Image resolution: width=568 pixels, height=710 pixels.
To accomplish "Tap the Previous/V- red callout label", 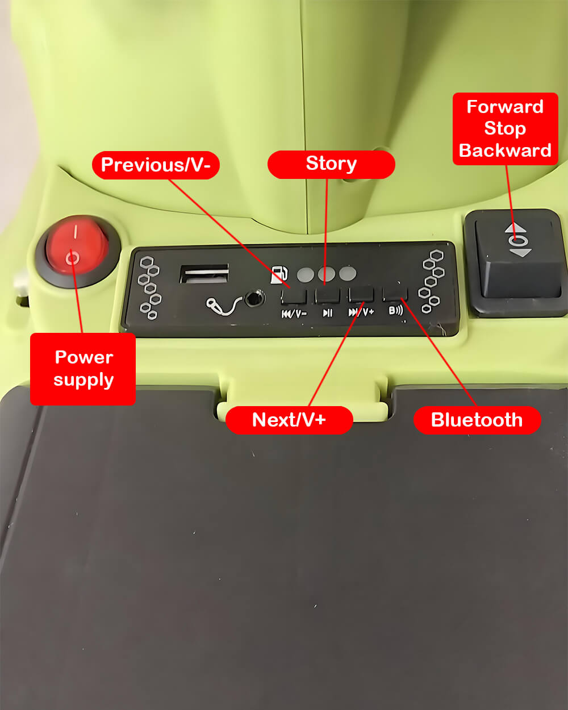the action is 156,165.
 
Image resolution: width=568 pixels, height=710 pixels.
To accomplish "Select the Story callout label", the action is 331,164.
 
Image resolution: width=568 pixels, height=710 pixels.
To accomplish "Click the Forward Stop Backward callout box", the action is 505,129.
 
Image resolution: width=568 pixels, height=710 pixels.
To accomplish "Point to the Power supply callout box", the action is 83,369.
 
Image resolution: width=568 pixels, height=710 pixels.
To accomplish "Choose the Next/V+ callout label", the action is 289,420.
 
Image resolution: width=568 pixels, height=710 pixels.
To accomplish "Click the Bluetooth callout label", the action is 477,420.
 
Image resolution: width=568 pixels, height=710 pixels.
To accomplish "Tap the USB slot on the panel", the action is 204,274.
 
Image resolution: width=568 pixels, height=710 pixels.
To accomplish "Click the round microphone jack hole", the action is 254,299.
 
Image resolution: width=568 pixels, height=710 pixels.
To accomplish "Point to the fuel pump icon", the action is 279,275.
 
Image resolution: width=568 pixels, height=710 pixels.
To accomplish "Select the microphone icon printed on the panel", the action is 221,306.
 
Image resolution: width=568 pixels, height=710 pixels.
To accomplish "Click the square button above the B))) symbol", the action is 395,294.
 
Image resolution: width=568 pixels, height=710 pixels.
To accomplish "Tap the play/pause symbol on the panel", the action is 327,312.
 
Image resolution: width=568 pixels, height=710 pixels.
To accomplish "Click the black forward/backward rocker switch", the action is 516,262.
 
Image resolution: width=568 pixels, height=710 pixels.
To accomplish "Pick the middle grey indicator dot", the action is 327,274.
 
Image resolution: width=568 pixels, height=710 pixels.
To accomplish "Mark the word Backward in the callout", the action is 505,151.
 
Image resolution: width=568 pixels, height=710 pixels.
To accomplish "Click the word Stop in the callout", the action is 505,129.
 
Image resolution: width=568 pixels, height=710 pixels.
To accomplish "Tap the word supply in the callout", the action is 83,381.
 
